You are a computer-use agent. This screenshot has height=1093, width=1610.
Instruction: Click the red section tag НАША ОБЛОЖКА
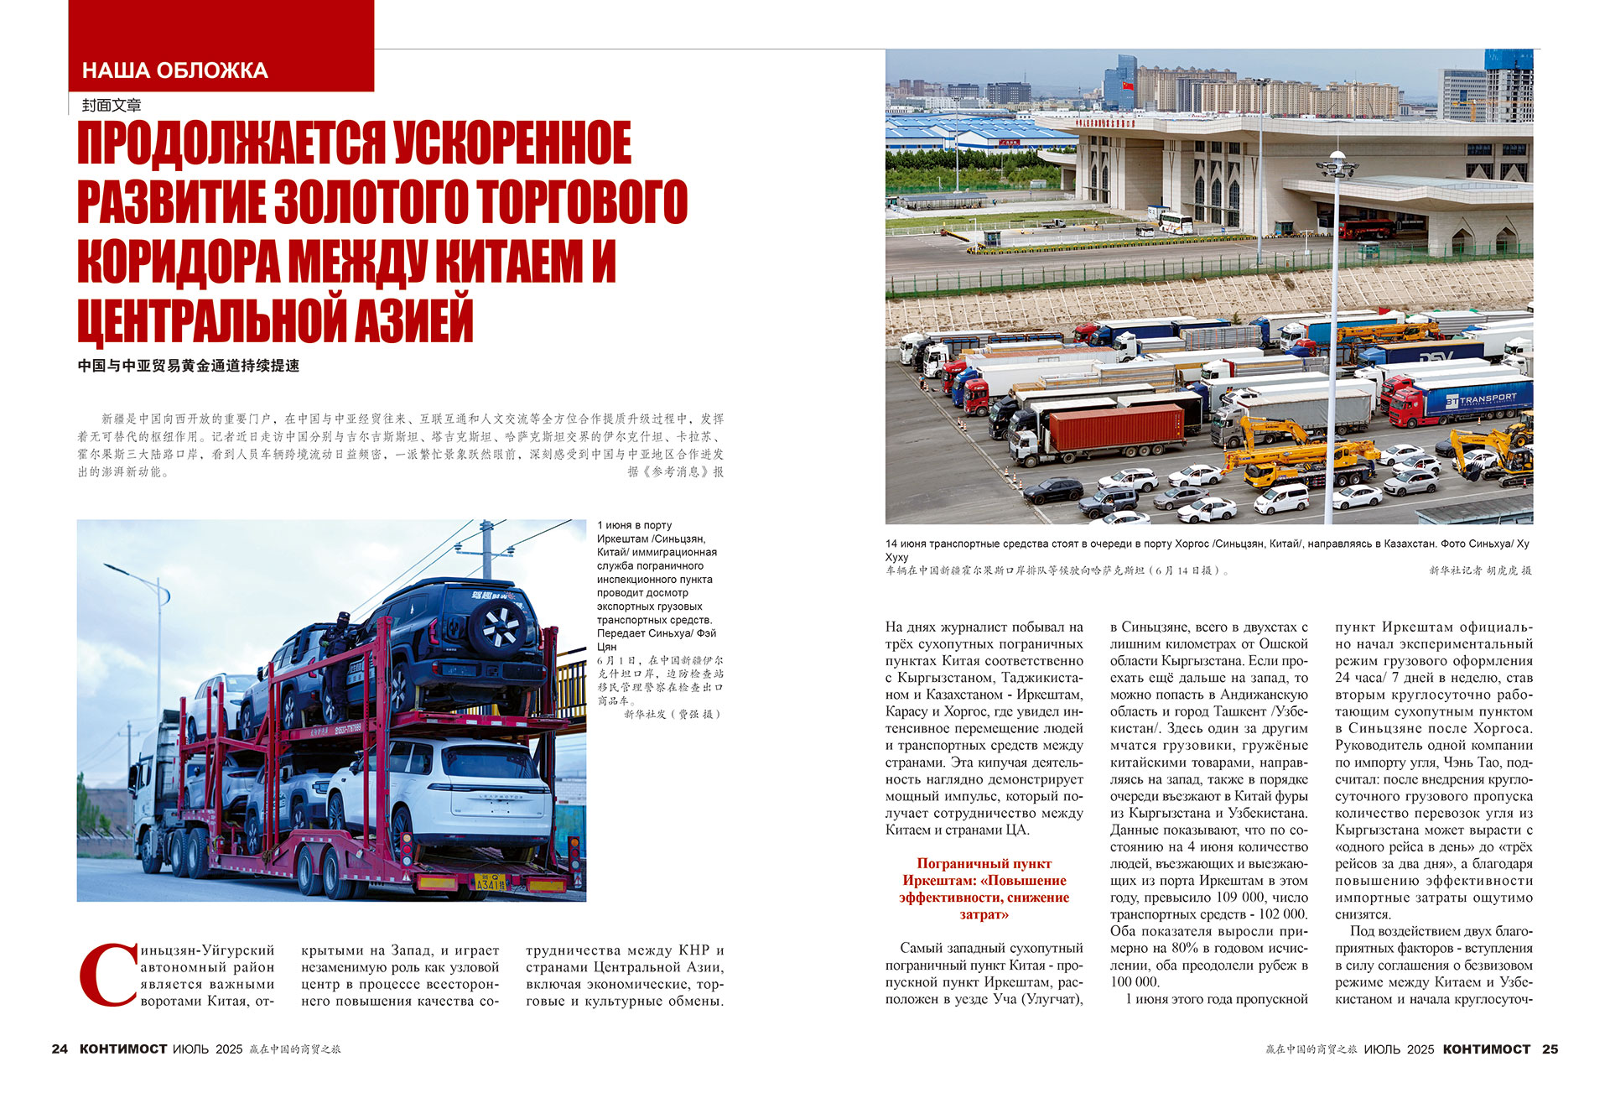tap(175, 70)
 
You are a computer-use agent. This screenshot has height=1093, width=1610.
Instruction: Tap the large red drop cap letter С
tap(108, 976)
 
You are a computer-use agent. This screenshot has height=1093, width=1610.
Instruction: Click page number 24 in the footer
tap(60, 1049)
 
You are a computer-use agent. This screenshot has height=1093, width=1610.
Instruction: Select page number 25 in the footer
tap(1550, 1049)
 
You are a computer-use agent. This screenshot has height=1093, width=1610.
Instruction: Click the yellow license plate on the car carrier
tap(491, 883)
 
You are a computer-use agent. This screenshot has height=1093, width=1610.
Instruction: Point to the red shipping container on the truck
tap(1116, 428)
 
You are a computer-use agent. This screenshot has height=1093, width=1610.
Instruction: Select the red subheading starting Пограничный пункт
tap(984, 888)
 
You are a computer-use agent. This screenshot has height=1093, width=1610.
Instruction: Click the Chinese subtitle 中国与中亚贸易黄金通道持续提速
tap(189, 366)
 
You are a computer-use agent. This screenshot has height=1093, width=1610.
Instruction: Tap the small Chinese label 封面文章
tap(112, 106)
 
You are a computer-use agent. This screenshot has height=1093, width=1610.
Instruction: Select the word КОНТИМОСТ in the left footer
tap(123, 1049)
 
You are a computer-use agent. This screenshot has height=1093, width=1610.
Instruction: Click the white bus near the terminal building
tap(1176, 222)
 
